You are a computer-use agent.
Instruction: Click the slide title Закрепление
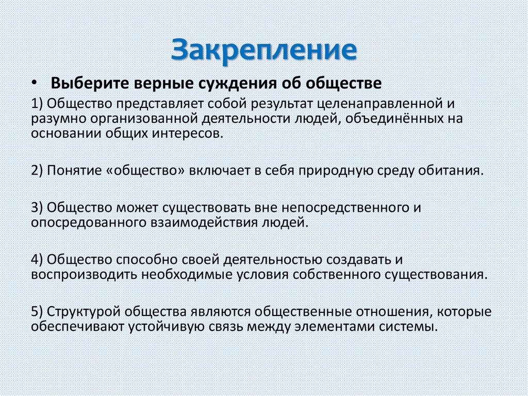264,50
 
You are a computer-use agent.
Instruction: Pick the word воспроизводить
84,274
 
